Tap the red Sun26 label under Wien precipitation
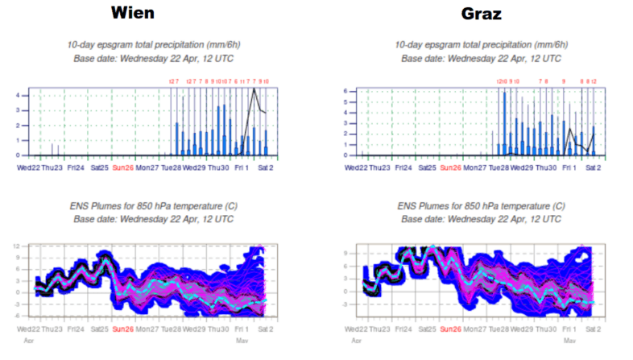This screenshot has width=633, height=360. (123, 168)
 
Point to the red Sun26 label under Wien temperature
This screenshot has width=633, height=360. (123, 329)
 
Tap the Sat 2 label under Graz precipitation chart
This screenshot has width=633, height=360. (593, 168)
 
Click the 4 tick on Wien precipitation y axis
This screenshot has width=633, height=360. (18, 95)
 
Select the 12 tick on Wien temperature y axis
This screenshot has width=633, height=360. (17, 246)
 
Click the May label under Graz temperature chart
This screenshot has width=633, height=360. (570, 341)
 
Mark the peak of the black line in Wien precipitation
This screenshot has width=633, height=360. (254, 89)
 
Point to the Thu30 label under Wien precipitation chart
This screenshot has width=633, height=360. (218, 168)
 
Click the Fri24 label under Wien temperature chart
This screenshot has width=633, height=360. (77, 329)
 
